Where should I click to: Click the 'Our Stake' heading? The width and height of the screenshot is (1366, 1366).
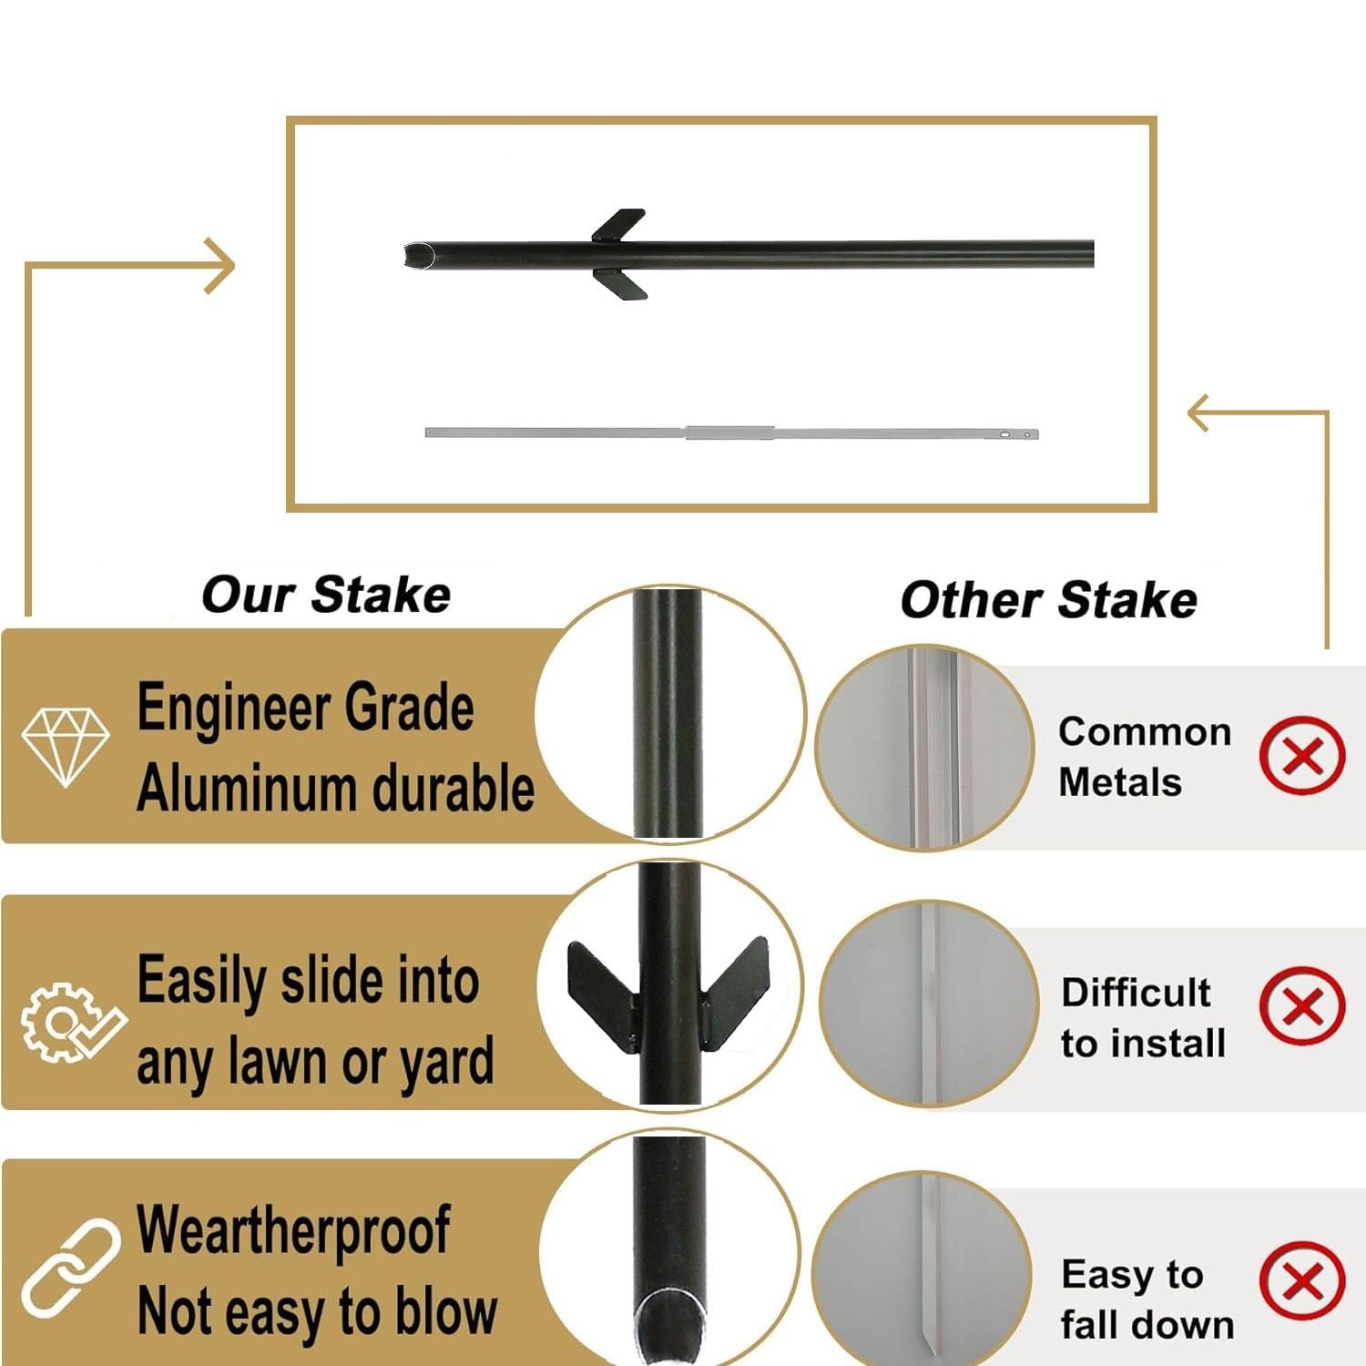pyautogui.click(x=326, y=596)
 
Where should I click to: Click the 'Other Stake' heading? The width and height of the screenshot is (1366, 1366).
pyautogui.click(x=1048, y=601)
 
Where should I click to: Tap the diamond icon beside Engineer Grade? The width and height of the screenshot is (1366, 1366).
pyautogui.click(x=66, y=747)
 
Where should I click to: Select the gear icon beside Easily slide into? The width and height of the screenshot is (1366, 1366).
pyautogui.click(x=69, y=1021)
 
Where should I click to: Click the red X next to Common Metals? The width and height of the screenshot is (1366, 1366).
pyautogui.click(x=1302, y=755)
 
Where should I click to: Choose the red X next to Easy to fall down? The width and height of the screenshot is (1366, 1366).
pyautogui.click(x=1302, y=1279)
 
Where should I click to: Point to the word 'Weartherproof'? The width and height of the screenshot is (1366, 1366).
pyautogui.click(x=293, y=1230)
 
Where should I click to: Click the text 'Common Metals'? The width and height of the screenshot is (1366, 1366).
pyautogui.click(x=1144, y=757)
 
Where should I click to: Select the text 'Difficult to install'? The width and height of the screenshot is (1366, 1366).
pyautogui.click(x=1143, y=1017)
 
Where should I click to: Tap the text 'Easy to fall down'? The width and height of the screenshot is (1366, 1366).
pyautogui.click(x=1146, y=1300)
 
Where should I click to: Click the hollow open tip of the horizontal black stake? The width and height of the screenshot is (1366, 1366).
pyautogui.click(x=415, y=255)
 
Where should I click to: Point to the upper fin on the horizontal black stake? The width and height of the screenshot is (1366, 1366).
pyautogui.click(x=619, y=225)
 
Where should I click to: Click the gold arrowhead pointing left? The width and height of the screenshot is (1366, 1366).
pyautogui.click(x=1200, y=413)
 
